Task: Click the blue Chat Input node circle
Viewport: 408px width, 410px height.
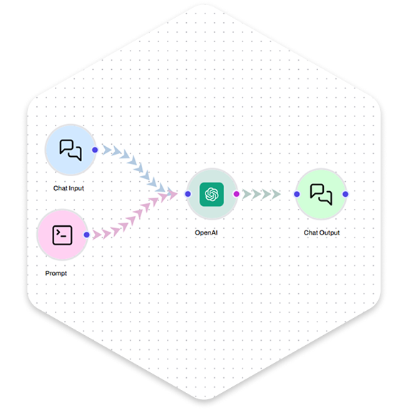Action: pyautogui.click(x=71, y=150)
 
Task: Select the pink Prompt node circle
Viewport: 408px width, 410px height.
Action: pyautogui.click(x=62, y=235)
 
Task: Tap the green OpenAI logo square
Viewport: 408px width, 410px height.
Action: pyautogui.click(x=212, y=194)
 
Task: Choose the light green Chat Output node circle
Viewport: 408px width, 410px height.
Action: pyautogui.click(x=322, y=194)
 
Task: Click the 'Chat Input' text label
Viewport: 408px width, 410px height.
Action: pyautogui.click(x=68, y=188)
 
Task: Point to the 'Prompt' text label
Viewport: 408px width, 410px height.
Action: pyautogui.click(x=56, y=274)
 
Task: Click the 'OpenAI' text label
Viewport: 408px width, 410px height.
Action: pyautogui.click(x=206, y=232)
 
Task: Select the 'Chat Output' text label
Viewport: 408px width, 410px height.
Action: pyautogui.click(x=322, y=232)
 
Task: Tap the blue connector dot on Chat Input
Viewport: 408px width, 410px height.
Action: pyautogui.click(x=95, y=150)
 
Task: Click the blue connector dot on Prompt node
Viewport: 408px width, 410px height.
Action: pyautogui.click(x=86, y=235)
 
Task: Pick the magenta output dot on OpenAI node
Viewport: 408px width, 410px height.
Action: pyautogui.click(x=236, y=194)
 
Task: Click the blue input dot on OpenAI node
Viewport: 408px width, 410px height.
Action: pyautogui.click(x=188, y=194)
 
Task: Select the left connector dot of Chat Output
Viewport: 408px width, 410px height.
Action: pyautogui.click(x=297, y=194)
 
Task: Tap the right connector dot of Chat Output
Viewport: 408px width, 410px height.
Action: pyautogui.click(x=345, y=194)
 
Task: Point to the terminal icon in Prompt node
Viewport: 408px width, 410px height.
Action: pyautogui.click(x=62, y=235)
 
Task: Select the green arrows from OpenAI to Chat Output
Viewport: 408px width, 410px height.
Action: pyautogui.click(x=261, y=194)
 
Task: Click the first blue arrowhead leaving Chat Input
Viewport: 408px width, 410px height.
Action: pyautogui.click(x=106, y=150)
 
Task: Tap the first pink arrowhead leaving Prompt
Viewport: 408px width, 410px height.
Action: pyautogui.click(x=97, y=235)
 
